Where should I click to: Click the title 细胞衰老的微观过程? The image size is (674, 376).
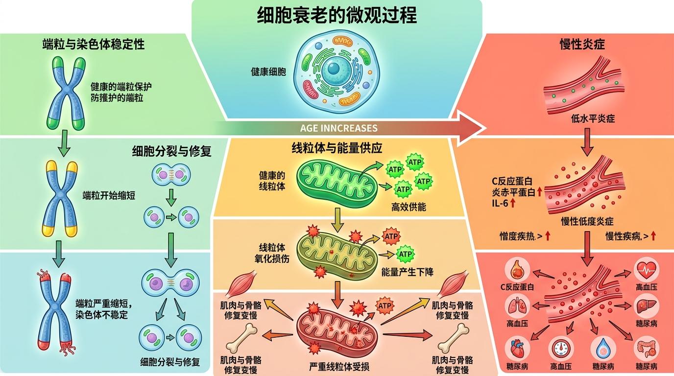[337, 16]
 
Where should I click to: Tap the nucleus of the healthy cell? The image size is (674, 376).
[337, 67]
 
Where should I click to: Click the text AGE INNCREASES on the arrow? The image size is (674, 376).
[338, 128]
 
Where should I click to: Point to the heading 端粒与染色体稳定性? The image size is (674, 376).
[93, 45]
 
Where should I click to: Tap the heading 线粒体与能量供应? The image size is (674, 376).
[337, 149]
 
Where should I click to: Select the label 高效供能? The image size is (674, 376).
[409, 207]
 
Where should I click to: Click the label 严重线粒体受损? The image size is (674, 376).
[339, 367]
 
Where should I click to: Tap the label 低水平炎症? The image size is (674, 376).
[593, 118]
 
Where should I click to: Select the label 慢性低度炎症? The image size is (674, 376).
[587, 221]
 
